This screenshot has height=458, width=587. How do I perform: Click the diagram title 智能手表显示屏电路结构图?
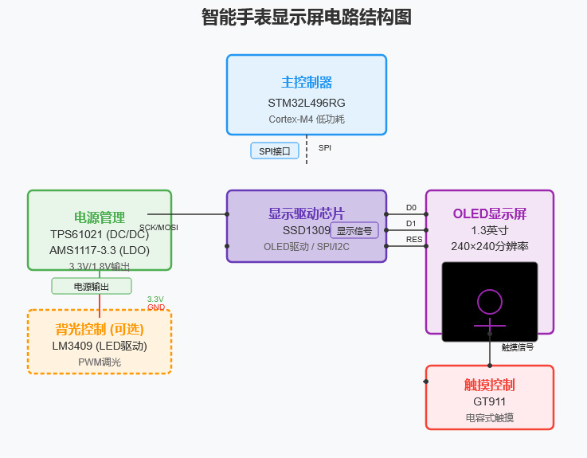307,18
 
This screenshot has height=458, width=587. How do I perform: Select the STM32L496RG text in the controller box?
307,103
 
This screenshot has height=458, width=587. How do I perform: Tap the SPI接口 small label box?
275,151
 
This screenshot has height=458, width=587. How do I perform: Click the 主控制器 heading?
307,83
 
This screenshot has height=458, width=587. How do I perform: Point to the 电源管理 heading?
100,217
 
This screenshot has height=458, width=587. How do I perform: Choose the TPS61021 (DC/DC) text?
100,235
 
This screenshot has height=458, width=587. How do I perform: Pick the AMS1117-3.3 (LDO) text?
100,250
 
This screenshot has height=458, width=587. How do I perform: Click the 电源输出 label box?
92,287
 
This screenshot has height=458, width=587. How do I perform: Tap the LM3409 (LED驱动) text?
100,346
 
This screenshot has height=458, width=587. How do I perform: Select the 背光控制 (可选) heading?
100,329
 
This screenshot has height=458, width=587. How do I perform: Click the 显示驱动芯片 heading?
307,213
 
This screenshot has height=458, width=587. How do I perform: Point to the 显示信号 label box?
354,231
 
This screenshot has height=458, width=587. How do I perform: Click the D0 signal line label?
411,208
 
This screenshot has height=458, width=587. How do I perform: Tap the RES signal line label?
414,240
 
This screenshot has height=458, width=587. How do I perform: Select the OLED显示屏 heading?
490,213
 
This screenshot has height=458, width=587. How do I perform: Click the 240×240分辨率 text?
490,246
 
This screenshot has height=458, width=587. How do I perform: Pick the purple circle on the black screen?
490,302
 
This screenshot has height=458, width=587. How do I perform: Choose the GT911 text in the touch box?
490,401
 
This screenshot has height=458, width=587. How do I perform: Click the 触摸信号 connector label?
518,347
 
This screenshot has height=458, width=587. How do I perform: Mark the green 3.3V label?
155,299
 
